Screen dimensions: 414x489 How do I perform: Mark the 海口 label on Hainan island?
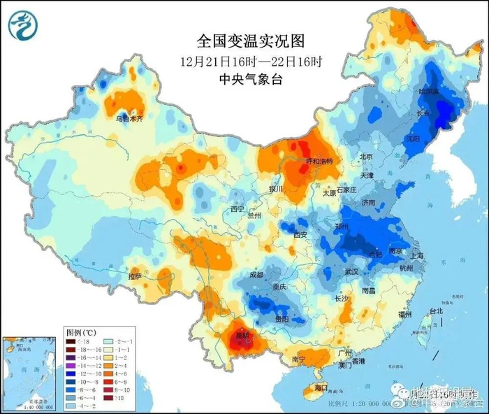321,387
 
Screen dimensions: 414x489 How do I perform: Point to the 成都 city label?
255,275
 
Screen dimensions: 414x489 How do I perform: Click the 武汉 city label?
351,271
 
